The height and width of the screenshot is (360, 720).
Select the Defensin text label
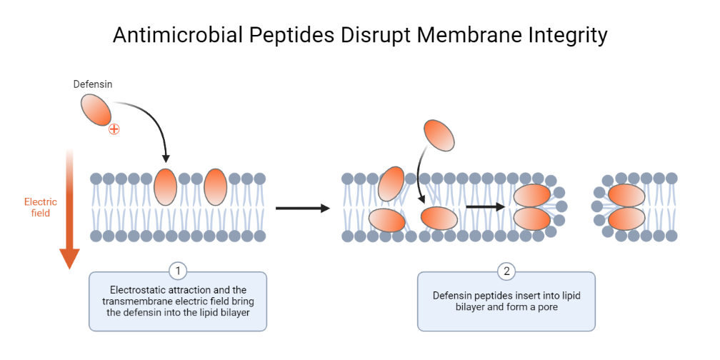coord(93,84)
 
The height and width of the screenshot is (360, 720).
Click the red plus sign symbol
coord(114,129)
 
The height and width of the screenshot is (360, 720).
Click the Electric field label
coord(41,207)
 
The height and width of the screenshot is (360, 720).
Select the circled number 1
coord(178,271)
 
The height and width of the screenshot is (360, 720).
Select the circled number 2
coord(506,271)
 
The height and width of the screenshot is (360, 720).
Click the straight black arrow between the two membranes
coord(302,208)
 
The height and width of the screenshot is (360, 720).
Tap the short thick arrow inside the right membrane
coord(486,207)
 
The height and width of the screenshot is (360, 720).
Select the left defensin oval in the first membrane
coord(165,187)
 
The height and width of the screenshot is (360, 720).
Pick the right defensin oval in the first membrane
coord(215,187)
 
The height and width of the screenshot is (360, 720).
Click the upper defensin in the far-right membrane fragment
coord(626,195)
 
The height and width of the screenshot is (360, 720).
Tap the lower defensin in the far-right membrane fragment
coord(626,219)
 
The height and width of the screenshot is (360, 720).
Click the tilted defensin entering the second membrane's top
coord(391,184)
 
